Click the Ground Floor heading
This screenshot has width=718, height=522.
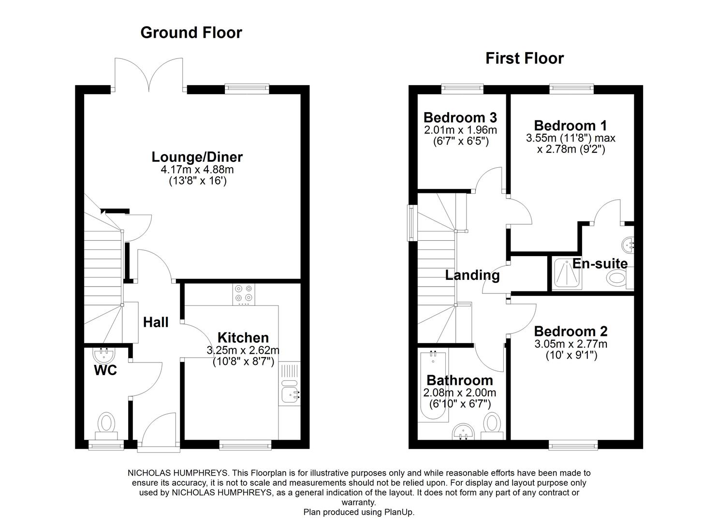tap(191, 32)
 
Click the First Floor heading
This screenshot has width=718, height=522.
tap(525, 58)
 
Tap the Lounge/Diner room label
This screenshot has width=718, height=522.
tap(197, 157)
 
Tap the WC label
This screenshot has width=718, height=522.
tap(105, 371)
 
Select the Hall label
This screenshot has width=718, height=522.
tap(156, 322)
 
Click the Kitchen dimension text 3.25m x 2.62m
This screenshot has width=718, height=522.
tap(243, 350)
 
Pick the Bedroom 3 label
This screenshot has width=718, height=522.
tap(460, 117)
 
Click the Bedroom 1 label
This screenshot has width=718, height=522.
tap(571, 126)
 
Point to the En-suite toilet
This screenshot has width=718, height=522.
tap(618, 278)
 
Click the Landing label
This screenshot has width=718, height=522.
tap(472, 275)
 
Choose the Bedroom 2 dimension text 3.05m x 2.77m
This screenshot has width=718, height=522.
tap(571, 344)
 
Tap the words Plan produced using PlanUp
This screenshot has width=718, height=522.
tap(359, 512)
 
